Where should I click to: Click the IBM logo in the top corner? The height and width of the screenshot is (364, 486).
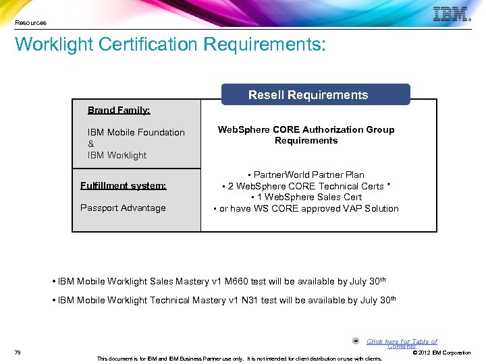pyautogui.click(x=450, y=14)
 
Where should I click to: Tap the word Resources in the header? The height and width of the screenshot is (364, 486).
pyautogui.click(x=31, y=23)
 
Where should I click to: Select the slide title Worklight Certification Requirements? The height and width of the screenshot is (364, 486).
pyautogui.click(x=170, y=44)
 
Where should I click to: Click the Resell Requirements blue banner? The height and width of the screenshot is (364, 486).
pyautogui.click(x=308, y=95)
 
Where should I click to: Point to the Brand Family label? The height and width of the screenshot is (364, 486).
pyautogui.click(x=119, y=110)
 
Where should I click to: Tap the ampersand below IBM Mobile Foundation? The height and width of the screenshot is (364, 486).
pyautogui.click(x=91, y=144)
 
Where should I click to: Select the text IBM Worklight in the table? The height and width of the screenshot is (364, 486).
pyautogui.click(x=117, y=155)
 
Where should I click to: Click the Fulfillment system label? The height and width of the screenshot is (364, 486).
pyautogui.click(x=123, y=185)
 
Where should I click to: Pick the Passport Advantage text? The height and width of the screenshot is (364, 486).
pyautogui.click(x=123, y=208)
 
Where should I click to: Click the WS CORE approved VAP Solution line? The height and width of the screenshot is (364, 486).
pyautogui.click(x=306, y=208)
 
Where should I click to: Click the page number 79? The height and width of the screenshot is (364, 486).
pyautogui.click(x=18, y=353)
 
